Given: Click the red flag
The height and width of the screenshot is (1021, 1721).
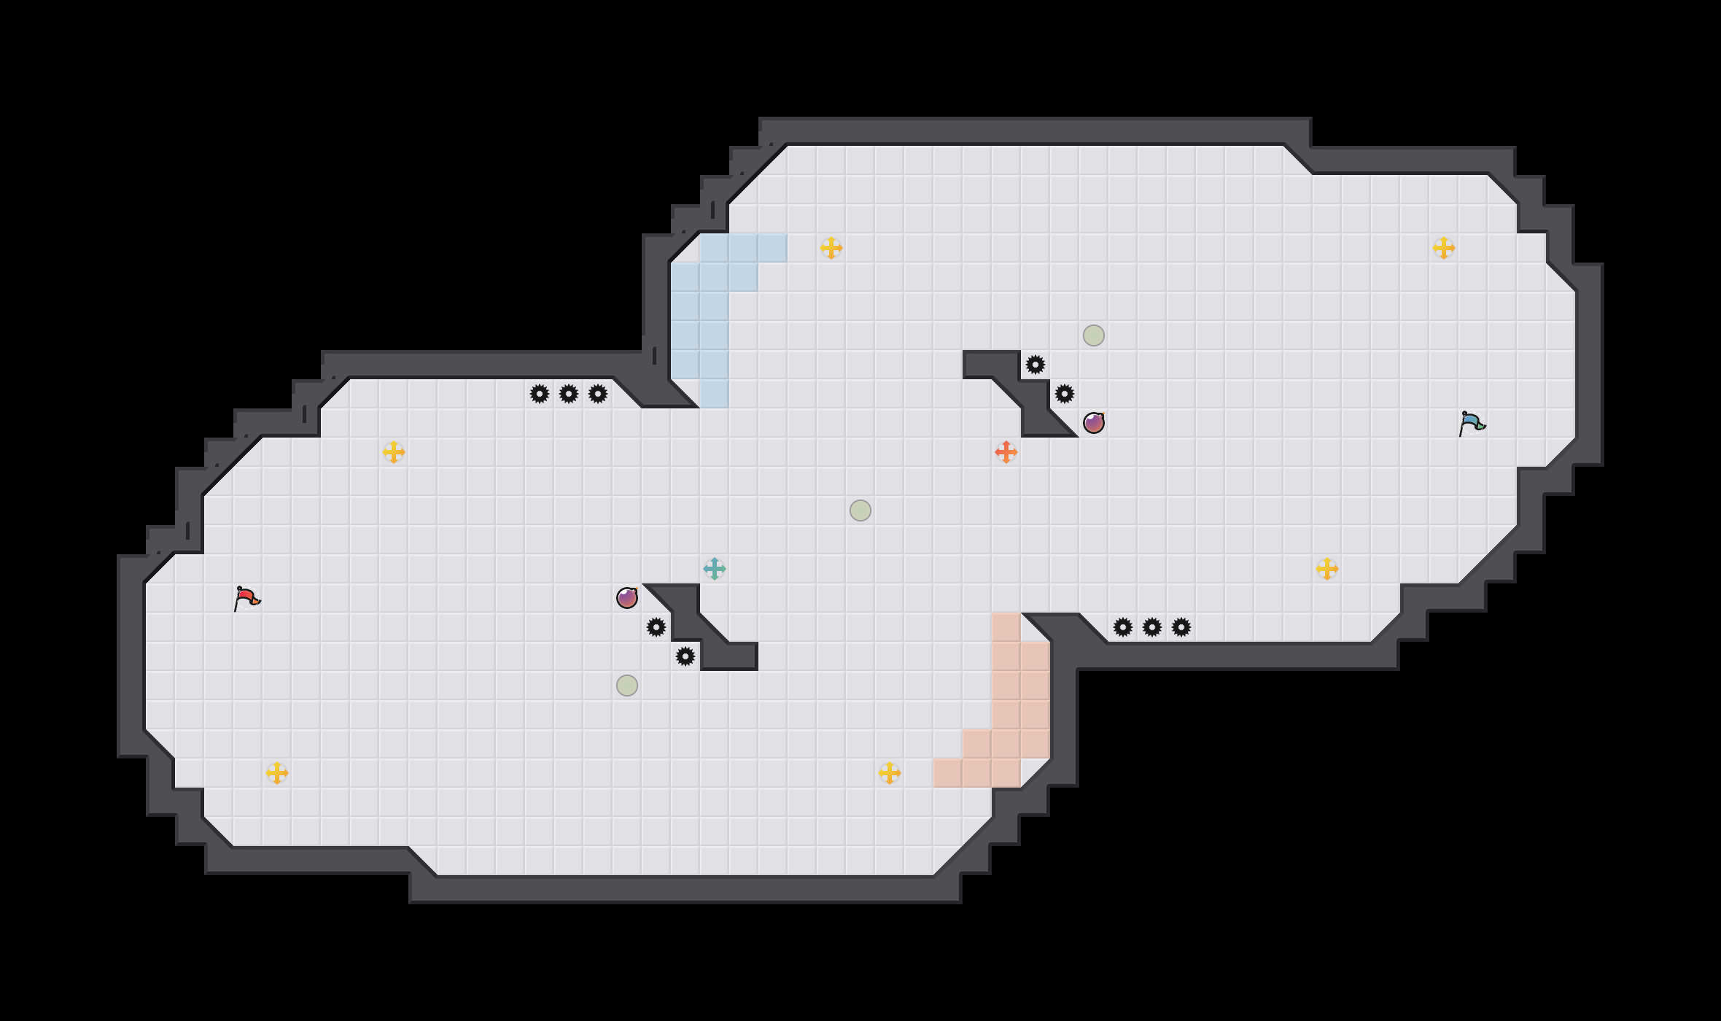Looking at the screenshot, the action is (246, 598).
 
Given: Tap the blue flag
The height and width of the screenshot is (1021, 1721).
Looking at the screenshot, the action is (1472, 423).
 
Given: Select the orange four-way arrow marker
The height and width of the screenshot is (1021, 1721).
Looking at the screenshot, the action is (1006, 452).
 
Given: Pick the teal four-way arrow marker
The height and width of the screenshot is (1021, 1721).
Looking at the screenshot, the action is (715, 569).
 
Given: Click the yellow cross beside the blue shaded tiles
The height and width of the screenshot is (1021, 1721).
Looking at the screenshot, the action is (831, 248).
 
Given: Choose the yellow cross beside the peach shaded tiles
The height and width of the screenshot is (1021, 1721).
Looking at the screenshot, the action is (890, 773).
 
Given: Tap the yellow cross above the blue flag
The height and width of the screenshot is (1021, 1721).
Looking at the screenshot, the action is (1444, 248).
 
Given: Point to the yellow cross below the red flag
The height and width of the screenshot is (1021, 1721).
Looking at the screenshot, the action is (277, 773).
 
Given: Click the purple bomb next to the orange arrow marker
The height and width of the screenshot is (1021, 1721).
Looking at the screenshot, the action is (1094, 423).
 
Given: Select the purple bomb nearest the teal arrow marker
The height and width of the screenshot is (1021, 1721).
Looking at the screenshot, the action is (627, 598).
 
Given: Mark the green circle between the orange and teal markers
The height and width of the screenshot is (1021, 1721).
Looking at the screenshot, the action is (860, 510).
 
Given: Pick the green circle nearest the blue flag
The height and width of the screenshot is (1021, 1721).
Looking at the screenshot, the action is (1094, 335).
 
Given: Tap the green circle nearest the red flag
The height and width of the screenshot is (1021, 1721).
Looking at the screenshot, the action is (627, 686).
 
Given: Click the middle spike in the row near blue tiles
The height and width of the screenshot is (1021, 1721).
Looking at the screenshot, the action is (569, 394).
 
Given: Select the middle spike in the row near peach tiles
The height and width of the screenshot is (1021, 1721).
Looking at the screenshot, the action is (1152, 627).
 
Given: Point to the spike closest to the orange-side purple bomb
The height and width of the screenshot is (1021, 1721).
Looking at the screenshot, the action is (1065, 394).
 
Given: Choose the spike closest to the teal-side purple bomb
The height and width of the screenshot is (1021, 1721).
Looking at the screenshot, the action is (656, 627).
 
